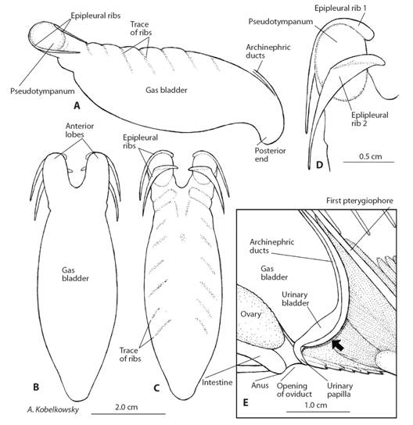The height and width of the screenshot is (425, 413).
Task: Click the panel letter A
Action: tap(77, 105)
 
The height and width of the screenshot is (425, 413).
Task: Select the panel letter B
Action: tap(36, 387)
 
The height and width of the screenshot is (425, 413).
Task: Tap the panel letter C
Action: tap(156, 387)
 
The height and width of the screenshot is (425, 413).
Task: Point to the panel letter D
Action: tap(320, 165)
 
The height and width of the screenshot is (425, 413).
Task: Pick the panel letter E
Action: tap(246, 403)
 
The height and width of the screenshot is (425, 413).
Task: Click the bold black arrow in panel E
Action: tap(338, 345)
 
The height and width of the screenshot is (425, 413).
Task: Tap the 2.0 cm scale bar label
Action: tap(126, 407)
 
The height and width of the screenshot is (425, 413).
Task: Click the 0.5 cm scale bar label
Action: tap(371, 156)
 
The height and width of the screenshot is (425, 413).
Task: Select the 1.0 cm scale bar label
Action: tap(315, 405)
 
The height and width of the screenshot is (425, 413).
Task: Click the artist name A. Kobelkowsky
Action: tap(53, 409)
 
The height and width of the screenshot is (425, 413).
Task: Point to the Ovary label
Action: tap(250, 314)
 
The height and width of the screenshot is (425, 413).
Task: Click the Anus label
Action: tap(260, 385)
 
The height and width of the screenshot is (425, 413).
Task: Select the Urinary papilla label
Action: tap(339, 390)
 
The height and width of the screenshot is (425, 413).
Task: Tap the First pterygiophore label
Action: tap(360, 201)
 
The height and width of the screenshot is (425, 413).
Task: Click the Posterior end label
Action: tap(270, 155)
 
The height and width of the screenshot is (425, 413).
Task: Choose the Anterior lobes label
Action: tap(80, 130)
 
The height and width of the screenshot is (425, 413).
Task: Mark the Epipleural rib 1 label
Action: tap(340, 8)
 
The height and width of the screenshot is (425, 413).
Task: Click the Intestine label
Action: tap(217, 383)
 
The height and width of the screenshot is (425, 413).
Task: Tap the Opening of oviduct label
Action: tap(294, 390)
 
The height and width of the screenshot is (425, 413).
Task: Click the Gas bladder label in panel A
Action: tap(167, 90)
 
